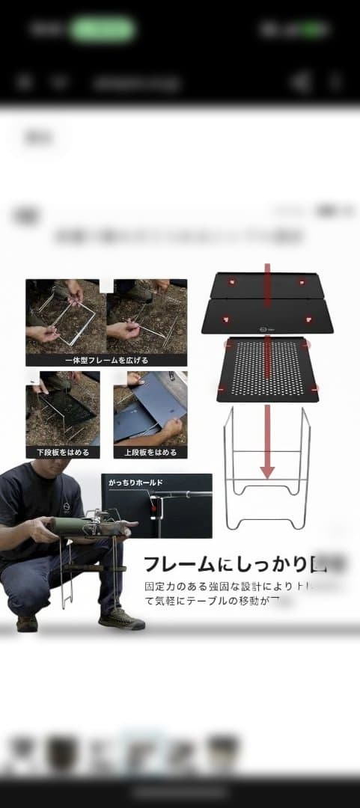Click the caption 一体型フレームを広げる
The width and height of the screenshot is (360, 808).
[x=106, y=360]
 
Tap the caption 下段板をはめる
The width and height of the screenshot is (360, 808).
[x=62, y=453]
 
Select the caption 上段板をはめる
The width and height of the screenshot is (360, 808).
[x=150, y=453]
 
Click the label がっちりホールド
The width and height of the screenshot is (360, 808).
[x=135, y=483]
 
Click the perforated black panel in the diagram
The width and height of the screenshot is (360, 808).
[x=267, y=369]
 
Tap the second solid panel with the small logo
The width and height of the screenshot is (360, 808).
[x=267, y=316]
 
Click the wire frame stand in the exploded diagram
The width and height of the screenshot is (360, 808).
[x=267, y=468]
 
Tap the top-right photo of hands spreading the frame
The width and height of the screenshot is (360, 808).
[x=147, y=316]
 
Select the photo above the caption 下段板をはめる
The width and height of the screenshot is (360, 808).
[x=62, y=408]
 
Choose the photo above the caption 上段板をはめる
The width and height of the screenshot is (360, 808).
[x=150, y=408]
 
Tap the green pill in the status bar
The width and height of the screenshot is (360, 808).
[x=103, y=30]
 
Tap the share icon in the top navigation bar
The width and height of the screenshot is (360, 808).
[x=301, y=82]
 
